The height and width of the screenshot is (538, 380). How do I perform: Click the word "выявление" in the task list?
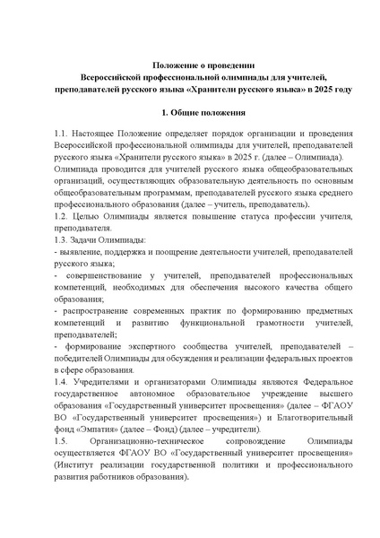pos(81,256)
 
